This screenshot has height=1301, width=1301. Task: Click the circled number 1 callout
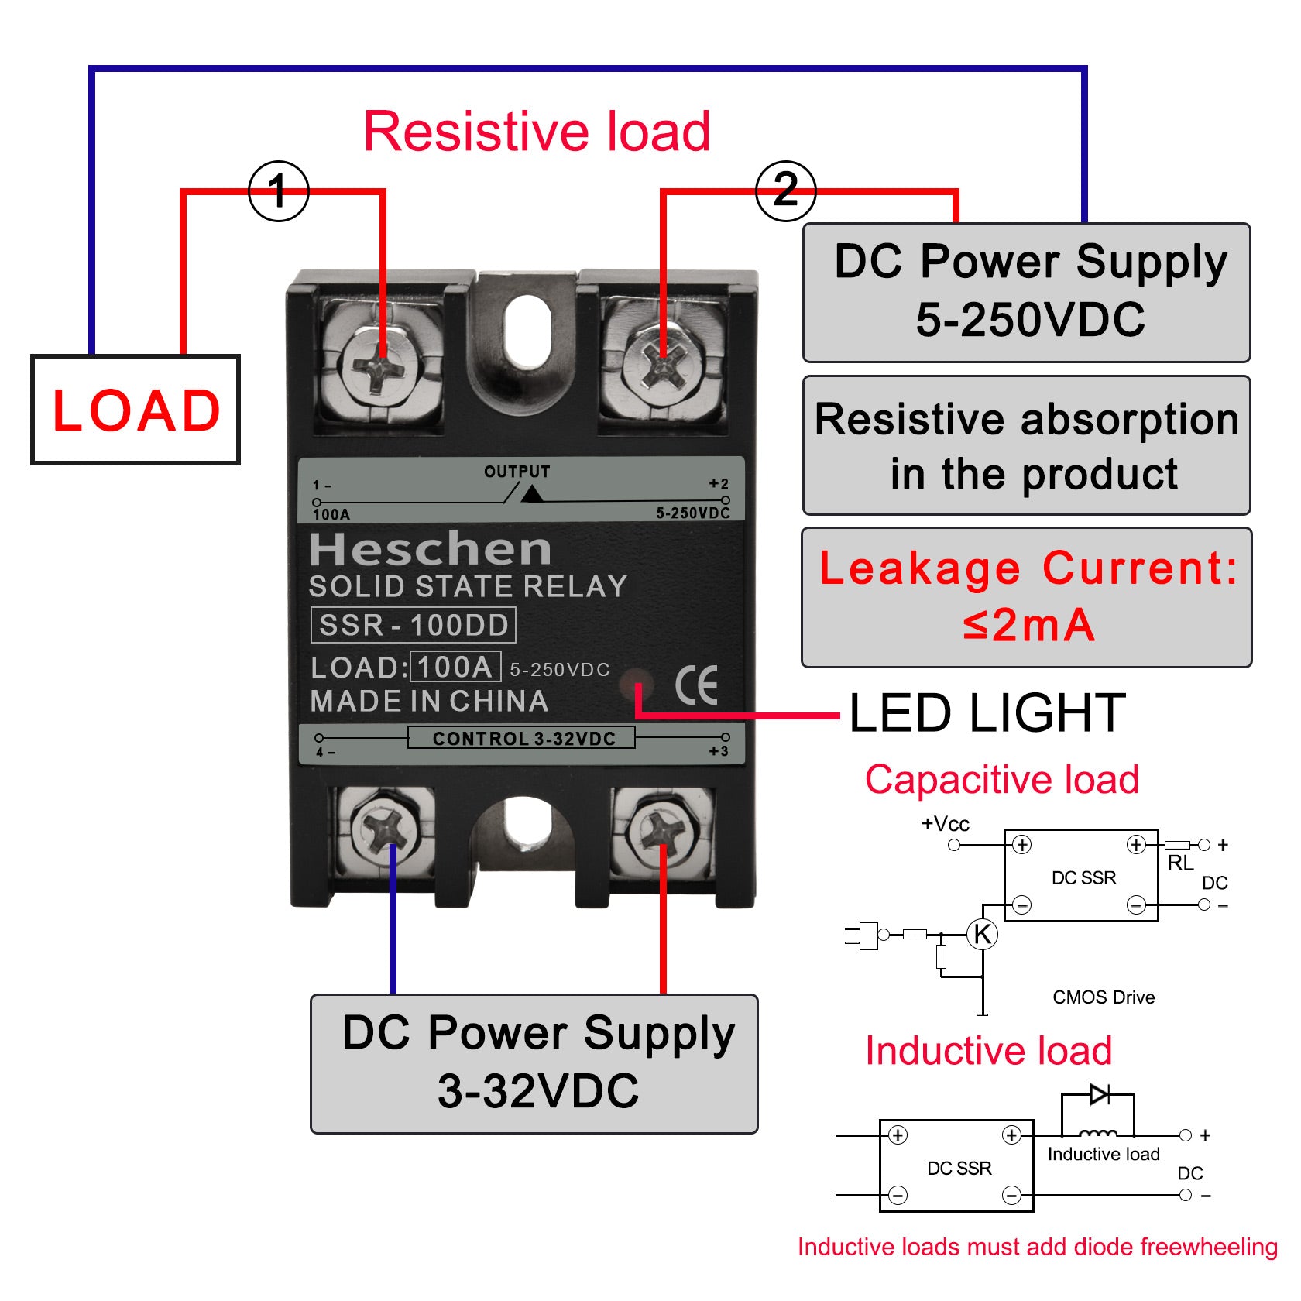pos(278,191)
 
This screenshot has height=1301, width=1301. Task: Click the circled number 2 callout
pos(785,191)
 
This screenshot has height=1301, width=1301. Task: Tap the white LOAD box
pos(136,410)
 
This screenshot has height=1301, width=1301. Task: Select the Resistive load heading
pos(537,132)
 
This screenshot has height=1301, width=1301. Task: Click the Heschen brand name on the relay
pos(430,549)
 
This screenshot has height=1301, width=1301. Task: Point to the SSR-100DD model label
pos(413,625)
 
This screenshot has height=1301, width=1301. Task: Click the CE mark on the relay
pos(696,685)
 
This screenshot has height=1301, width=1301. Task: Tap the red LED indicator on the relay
pos(637,684)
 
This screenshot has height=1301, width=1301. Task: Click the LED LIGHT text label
pos(987,713)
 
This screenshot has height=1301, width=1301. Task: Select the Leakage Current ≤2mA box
pos(1026,597)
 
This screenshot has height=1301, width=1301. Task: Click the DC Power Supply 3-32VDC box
pos(534,1063)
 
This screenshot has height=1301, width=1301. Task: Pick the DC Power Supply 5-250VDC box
pos(1026,292)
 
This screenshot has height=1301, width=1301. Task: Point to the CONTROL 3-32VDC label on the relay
pos(523,739)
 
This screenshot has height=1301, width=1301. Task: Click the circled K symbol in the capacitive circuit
pos(982,934)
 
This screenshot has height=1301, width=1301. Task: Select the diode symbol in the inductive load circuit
pos(1098,1094)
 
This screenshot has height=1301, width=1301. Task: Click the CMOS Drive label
pos(1103,997)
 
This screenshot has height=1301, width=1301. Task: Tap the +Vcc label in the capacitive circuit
pos(945,824)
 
